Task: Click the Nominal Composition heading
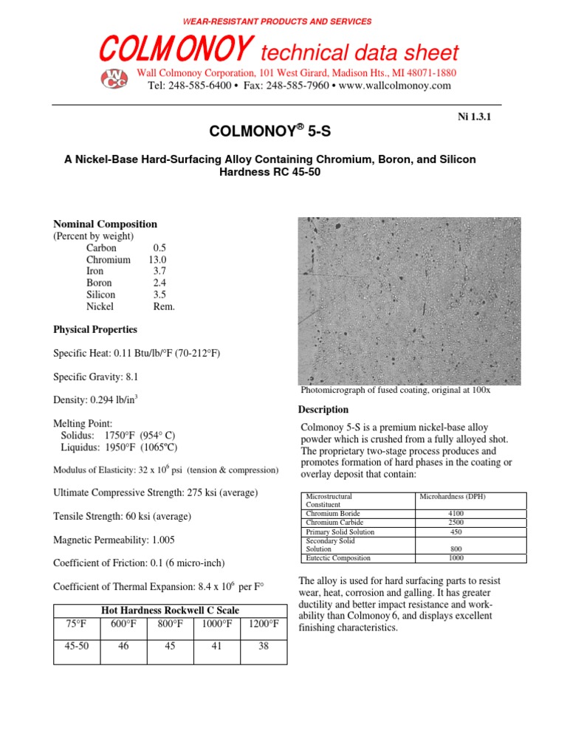(105, 224)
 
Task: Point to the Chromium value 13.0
(157, 260)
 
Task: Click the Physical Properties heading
(95, 329)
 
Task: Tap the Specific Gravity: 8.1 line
(96, 377)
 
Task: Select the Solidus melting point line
(118, 435)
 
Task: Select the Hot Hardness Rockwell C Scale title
(171, 609)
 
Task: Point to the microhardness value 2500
(456, 522)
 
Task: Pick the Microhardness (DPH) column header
(454, 497)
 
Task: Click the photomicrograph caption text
(395, 390)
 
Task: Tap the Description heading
(323, 410)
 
